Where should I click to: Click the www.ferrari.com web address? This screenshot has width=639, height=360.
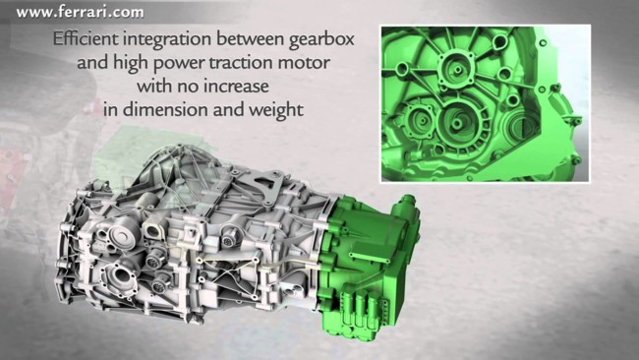point(80,12)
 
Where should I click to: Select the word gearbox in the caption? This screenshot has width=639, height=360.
point(321,40)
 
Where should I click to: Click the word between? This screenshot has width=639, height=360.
point(251,39)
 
